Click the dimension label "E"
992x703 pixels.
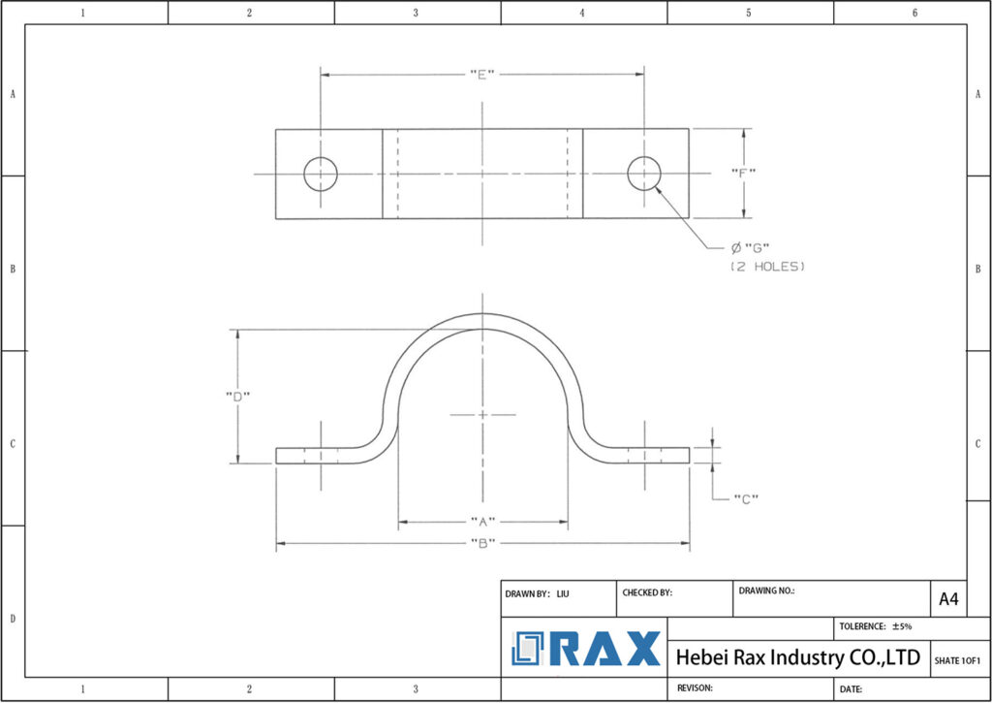click(x=482, y=74)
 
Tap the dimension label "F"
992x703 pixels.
click(x=744, y=173)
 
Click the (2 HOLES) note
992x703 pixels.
click(x=767, y=266)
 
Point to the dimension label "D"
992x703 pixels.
click(x=237, y=395)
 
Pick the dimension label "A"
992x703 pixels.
click(x=482, y=522)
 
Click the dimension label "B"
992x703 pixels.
click(x=482, y=543)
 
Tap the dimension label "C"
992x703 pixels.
click(x=745, y=499)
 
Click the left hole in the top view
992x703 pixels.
click(x=321, y=175)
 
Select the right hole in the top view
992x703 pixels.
click(x=644, y=175)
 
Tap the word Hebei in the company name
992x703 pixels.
click(x=699, y=657)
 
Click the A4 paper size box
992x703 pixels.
click(x=948, y=599)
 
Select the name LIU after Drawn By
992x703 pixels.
click(x=563, y=592)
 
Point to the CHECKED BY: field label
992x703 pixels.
click(x=646, y=592)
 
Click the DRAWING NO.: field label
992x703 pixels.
click(x=766, y=590)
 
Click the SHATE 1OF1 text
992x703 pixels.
click(x=957, y=660)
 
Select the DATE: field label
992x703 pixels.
click(x=851, y=688)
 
